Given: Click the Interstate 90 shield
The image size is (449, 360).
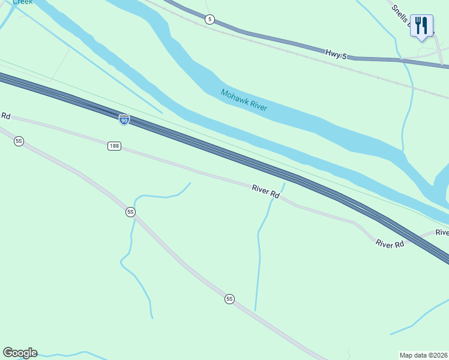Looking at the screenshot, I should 124,120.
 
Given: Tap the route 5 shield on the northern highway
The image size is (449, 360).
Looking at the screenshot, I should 209,19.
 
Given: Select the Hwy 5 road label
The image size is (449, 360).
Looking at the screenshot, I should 336,54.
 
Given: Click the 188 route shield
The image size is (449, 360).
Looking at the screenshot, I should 115,146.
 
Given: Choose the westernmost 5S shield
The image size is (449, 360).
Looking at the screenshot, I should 19,141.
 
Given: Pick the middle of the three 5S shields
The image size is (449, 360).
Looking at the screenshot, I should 130,212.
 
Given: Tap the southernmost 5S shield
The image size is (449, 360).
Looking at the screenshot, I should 229,299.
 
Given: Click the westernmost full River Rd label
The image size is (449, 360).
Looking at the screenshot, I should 266,193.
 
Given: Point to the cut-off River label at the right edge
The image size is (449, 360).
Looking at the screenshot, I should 442,232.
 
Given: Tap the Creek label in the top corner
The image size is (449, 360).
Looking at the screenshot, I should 23,2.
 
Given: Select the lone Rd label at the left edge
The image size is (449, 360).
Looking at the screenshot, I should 6,115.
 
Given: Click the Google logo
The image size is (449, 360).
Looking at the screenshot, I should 20,353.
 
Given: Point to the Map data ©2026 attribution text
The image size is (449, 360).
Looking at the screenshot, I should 424,355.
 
